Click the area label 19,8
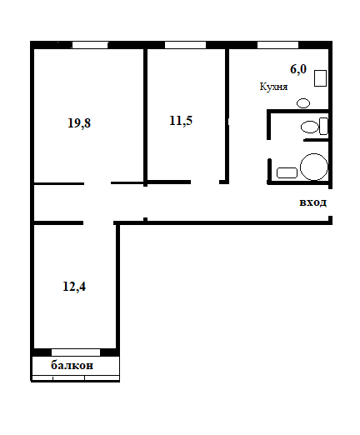tap(79, 122)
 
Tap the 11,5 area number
tap(181, 121)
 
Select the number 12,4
tap(74, 286)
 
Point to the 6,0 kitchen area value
tap(298, 69)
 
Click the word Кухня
tap(273, 87)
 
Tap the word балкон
tap(72, 365)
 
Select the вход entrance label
tap(312, 202)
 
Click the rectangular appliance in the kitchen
tap(320, 78)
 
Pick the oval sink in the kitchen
tap(303, 103)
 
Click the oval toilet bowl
tap(309, 127)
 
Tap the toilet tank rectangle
tap(323, 126)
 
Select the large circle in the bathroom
tap(314, 167)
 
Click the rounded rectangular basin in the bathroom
tap(287, 172)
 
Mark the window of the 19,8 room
tap(90, 45)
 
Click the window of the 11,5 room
tap(185, 45)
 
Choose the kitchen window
tap(277, 45)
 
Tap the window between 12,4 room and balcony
tap(76, 352)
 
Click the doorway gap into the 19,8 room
tap(97, 183)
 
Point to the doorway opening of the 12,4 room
tap(98, 222)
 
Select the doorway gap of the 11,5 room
tap(205, 182)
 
